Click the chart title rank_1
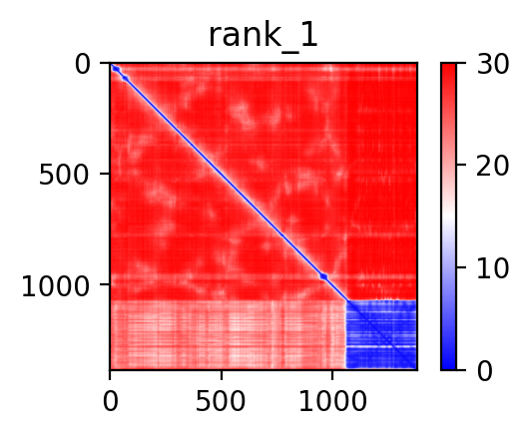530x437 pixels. pyautogui.click(x=264, y=36)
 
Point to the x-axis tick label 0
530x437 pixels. pyautogui.click(x=110, y=401)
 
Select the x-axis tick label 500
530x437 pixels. pyautogui.click(x=221, y=401)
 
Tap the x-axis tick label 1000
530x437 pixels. pyautogui.click(x=332, y=401)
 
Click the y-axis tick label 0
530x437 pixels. pyautogui.click(x=83, y=65)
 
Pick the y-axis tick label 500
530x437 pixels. pyautogui.click(x=64, y=176)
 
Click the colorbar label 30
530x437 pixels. pyautogui.click(x=492, y=64)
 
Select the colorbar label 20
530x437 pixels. pyautogui.click(x=492, y=166)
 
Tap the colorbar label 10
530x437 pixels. pyautogui.click(x=492, y=268)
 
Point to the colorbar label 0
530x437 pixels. pyautogui.click(x=485, y=371)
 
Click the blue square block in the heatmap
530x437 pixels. pyautogui.click(x=381, y=334)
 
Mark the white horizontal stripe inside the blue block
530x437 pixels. pyautogui.click(x=381, y=347)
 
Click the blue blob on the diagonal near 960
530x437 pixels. pyautogui.click(x=323, y=276)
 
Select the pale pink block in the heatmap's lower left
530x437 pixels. pyautogui.click(x=229, y=334)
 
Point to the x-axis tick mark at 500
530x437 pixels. pyautogui.click(x=222, y=375)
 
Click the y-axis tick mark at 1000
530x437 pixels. pyautogui.click(x=105, y=284)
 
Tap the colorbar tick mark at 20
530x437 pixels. pyautogui.click(x=461, y=165)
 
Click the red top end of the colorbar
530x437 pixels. pyautogui.click(x=448, y=67)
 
